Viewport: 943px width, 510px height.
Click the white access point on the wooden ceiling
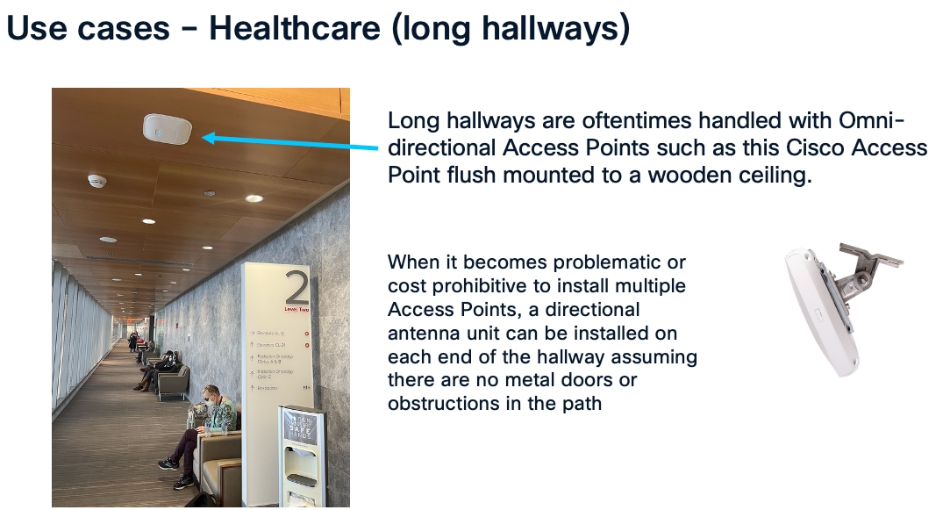click(167, 128)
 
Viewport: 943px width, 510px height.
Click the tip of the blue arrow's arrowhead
click(204, 137)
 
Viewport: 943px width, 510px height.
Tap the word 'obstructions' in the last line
click(440, 404)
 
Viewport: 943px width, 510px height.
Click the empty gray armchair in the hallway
click(174, 381)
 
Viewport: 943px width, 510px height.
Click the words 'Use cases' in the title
click(88, 28)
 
